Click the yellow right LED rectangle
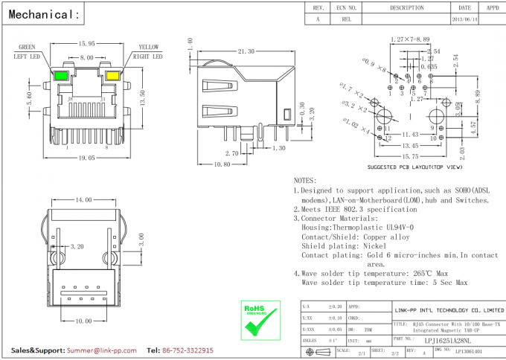113,75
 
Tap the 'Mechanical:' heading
44,14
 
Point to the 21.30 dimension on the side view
246,51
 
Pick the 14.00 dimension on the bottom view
83,200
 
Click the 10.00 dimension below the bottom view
82,321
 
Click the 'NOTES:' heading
305,181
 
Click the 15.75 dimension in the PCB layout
410,156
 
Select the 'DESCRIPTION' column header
406,7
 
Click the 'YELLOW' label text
148,47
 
